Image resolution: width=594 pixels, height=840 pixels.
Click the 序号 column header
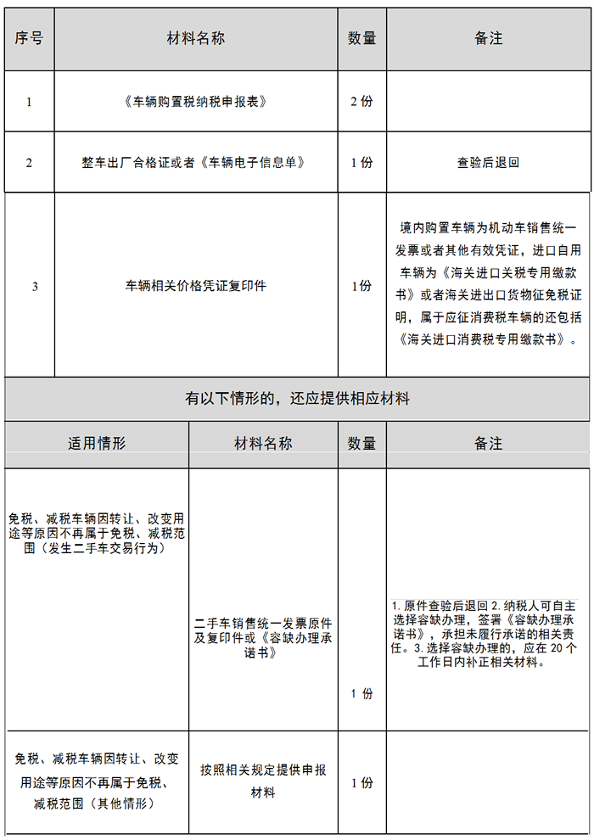pyautogui.click(x=29, y=39)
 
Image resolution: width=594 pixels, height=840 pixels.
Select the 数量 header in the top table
pyautogui.click(x=361, y=39)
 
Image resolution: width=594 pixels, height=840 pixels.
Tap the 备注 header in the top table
pyautogui.click(x=489, y=39)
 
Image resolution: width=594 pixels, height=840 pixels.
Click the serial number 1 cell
pyautogui.click(x=29, y=102)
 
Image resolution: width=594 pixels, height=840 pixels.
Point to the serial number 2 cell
pyautogui.click(x=29, y=163)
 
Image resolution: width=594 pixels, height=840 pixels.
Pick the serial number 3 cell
pyautogui.click(x=35, y=286)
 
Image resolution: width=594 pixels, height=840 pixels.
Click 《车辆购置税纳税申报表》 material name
pyautogui.click(x=196, y=102)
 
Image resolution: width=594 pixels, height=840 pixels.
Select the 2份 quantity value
pyautogui.click(x=361, y=102)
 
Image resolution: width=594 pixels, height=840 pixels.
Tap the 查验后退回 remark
pyautogui.click(x=488, y=163)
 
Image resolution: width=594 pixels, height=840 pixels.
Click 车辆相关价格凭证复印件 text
pyautogui.click(x=196, y=286)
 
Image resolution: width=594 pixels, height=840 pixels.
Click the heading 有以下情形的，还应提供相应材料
pyautogui.click(x=297, y=398)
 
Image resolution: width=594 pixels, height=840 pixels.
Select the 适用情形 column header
pyautogui.click(x=97, y=444)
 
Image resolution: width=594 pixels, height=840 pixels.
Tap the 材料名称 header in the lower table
pyautogui.click(x=263, y=444)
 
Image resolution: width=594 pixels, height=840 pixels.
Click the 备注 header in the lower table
pyautogui.click(x=489, y=444)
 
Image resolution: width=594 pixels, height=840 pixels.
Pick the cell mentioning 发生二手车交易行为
pyautogui.click(x=97, y=533)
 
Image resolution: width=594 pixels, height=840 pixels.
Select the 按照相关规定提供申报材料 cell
pyautogui.click(x=263, y=781)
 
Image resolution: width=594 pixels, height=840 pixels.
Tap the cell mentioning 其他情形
pyautogui.click(x=97, y=781)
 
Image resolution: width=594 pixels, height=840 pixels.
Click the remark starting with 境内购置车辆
pyautogui.click(x=489, y=284)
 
